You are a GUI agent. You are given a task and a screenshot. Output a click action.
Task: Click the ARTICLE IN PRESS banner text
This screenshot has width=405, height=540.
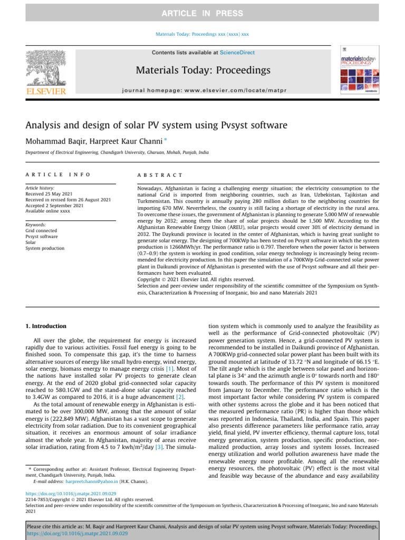tap(202, 13)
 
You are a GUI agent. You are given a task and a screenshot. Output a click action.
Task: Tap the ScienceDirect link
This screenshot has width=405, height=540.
tap(237, 53)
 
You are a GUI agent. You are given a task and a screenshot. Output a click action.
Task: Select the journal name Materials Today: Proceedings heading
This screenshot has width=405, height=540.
tap(203, 70)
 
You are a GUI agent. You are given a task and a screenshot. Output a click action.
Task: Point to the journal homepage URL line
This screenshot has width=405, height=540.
tap(203, 91)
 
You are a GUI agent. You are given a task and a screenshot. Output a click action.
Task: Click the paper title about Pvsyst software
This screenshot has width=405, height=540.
tap(157, 126)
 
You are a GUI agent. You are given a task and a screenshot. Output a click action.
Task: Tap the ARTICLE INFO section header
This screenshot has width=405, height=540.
tap(58, 175)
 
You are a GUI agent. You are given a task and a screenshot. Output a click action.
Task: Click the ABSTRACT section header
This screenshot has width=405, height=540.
tap(159, 175)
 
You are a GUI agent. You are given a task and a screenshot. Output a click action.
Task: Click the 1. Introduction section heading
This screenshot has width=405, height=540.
tap(46, 326)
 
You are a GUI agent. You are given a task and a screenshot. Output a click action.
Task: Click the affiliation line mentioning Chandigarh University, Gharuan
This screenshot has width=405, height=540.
tap(117, 152)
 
